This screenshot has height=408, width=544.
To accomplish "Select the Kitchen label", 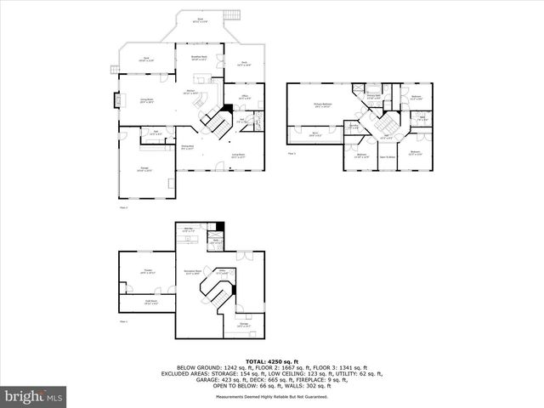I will click(191, 93).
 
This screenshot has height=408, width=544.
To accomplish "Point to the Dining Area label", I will click(188, 148).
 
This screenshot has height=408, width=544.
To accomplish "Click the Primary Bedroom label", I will click(321, 105).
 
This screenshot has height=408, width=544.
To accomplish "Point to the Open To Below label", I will click(388, 156).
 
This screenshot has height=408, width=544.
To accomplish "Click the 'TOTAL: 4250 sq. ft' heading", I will click(272, 360).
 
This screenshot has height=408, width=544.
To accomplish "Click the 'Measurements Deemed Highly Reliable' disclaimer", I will click(272, 396).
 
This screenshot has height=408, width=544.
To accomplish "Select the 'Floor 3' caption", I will click(292, 153).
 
